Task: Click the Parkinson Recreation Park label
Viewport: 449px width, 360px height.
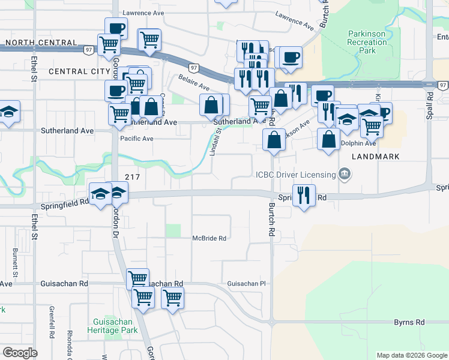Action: coord(367,43)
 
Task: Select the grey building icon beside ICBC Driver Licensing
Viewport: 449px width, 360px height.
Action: coord(345,175)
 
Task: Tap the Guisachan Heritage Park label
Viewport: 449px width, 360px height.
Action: coord(112,326)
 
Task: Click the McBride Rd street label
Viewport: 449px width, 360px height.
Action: coord(209,238)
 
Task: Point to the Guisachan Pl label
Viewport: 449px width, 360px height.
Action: coord(246,283)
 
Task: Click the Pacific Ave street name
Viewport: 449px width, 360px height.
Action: coord(136,139)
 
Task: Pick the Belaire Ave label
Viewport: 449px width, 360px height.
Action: coord(193,82)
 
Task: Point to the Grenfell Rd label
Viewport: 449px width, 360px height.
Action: coord(51,317)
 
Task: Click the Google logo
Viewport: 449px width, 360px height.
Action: coord(20,353)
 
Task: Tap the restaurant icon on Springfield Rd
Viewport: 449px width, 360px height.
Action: coord(304,196)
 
